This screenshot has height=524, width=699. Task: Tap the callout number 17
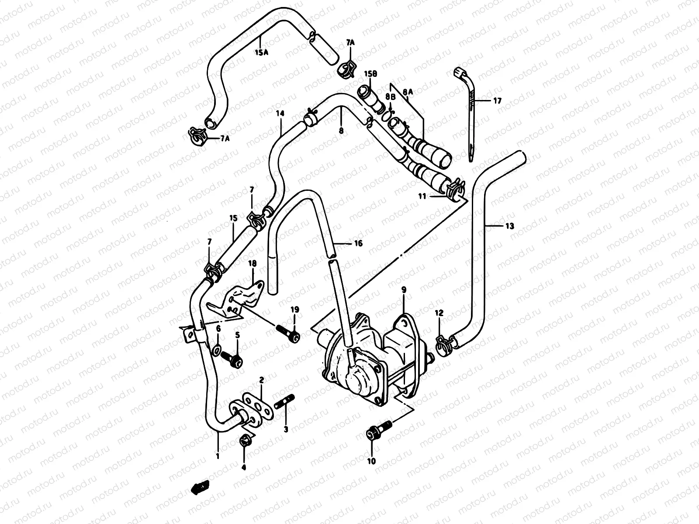pos(497,101)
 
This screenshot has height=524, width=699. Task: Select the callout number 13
pos(509,226)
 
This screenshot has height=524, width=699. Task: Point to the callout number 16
pos(358,244)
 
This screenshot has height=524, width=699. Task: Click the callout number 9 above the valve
pos(404,290)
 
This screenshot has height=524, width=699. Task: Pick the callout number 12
pos(439,313)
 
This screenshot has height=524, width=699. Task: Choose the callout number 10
pos(371,460)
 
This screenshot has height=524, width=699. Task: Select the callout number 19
pos(295,310)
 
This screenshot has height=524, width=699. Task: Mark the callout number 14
pos(280,113)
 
